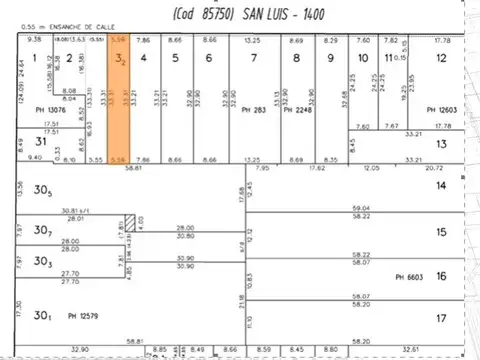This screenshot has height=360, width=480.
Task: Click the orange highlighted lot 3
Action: tap(120, 100)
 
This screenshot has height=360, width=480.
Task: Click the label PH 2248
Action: tap(296, 110)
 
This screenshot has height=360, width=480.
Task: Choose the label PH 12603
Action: tap(440, 110)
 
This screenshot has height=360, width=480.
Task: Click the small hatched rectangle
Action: tap(129, 221)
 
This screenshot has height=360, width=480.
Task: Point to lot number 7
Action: tap(253, 58)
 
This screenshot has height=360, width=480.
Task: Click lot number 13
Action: tap(441, 144)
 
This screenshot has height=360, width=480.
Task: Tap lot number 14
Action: tap(441, 187)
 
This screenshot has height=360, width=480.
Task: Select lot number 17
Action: tap(441, 318)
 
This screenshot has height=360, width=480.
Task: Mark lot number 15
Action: tap(441, 232)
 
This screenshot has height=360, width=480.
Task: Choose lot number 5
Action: tap(175, 58)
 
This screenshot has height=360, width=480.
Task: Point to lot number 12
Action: tap(441, 58)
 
